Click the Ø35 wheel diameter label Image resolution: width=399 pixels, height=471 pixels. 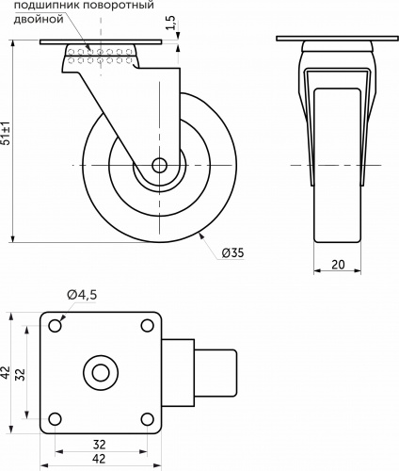point(232,252)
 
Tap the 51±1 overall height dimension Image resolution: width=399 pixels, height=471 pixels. point(6,133)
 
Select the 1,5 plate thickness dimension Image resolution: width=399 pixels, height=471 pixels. point(170,23)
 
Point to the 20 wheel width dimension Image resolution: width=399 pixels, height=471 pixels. point(338,265)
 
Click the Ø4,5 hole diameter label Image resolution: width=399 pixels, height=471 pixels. point(82,295)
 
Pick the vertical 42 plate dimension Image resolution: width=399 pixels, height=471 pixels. point(6,373)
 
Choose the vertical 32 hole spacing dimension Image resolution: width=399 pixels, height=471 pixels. point(21,374)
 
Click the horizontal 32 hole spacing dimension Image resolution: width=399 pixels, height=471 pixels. point(99,445)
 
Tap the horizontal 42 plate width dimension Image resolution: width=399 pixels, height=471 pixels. point(99,459)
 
